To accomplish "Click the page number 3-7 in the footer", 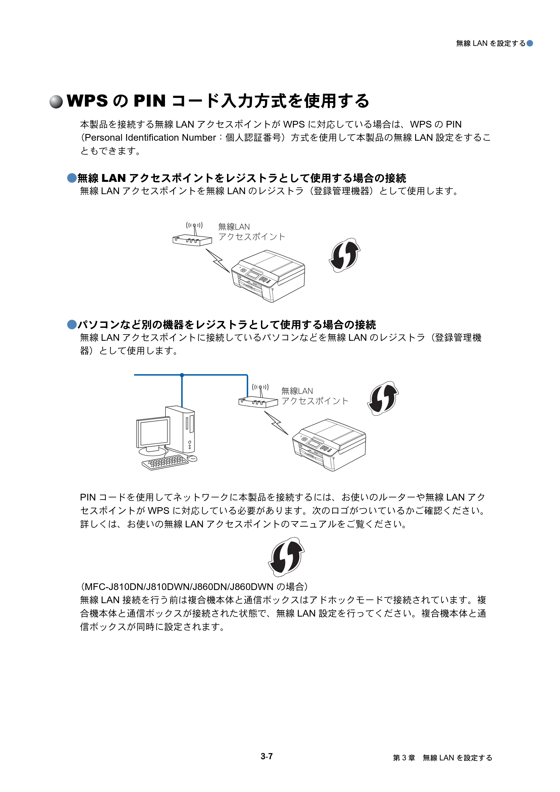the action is [267, 756].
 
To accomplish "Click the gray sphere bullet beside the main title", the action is [56, 102].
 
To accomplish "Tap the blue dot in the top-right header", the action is [529, 43].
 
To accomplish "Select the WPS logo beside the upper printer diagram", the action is [345, 255].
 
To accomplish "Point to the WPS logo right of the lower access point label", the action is [383, 398].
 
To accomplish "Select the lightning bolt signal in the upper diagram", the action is [218, 260].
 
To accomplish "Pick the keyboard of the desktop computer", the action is [165, 462].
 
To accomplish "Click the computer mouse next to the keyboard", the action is [192, 458].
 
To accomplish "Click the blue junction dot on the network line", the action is [182, 375].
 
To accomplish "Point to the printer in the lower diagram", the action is [329, 445].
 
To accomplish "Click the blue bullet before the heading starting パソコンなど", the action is [72, 324].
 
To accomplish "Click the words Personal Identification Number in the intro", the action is [150, 138].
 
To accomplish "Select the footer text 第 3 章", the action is [404, 758].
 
